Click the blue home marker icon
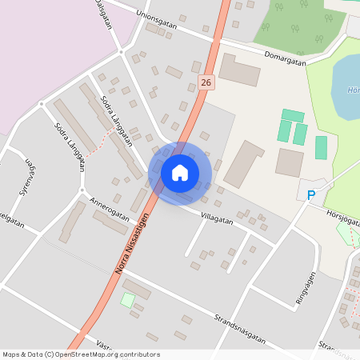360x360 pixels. point(180,172)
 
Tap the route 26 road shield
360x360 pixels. point(207,82)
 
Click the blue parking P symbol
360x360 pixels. point(312,194)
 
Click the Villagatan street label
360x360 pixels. point(217,216)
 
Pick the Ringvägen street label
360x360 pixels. point(306,285)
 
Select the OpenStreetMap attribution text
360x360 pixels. point(81,354)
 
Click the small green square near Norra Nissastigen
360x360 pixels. point(128,300)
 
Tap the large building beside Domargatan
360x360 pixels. point(239,70)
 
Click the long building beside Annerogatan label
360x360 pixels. point(110,222)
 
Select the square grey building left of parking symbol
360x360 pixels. point(290,162)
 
